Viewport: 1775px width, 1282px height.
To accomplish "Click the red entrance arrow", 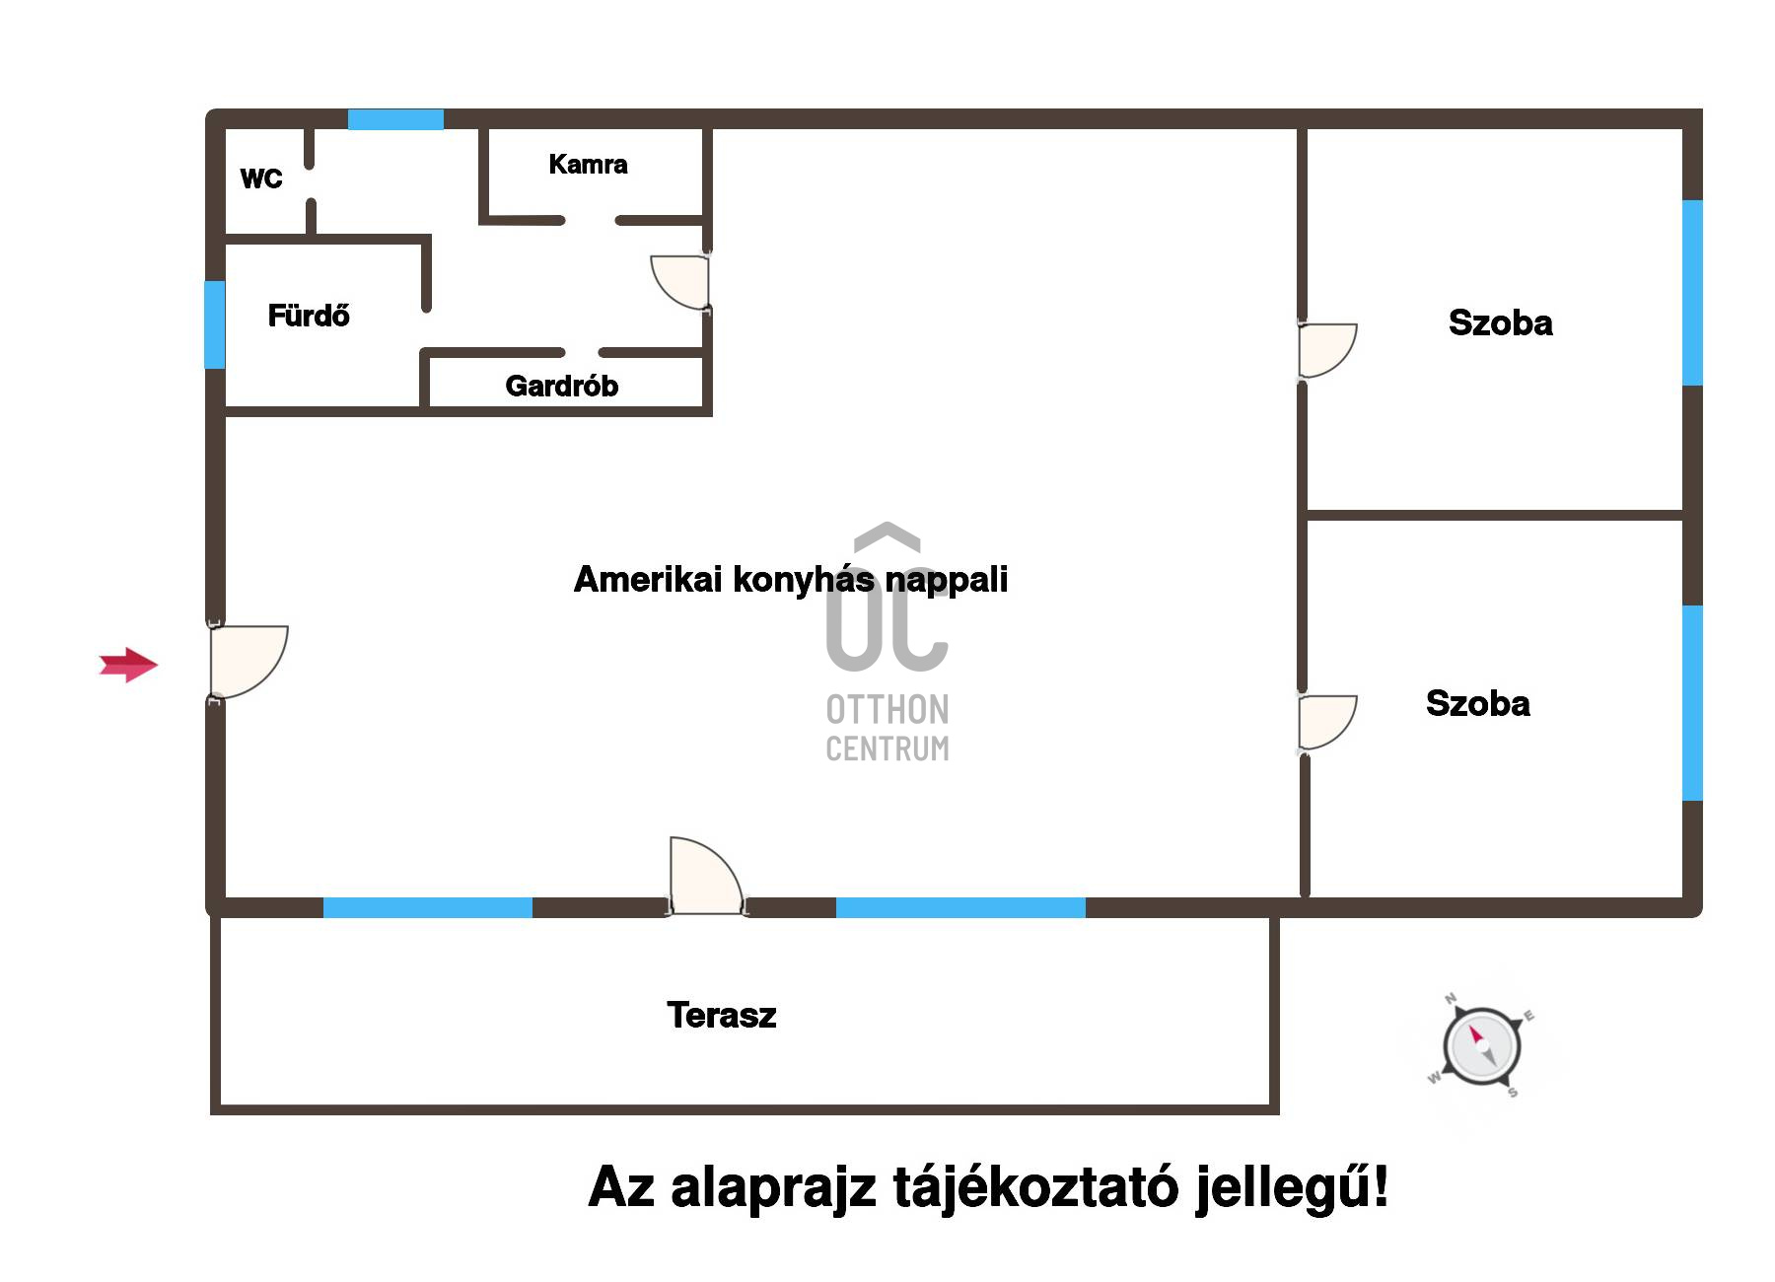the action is tap(129, 666).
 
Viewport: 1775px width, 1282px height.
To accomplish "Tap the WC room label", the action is tap(261, 179).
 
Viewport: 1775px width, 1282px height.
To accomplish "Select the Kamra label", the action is tap(588, 164).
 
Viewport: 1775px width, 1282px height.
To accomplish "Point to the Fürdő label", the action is tap(309, 316).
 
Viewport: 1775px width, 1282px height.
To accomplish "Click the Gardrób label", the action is tap(562, 386).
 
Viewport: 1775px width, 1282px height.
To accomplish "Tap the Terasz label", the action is tap(722, 1015).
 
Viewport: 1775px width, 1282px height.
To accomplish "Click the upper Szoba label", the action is tap(1501, 322).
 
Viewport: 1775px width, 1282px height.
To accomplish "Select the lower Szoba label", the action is tap(1478, 703).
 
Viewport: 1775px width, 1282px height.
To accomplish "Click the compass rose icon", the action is tap(1481, 1045).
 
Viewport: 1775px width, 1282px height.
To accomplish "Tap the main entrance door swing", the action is tap(248, 662).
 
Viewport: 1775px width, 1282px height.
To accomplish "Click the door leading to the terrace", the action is tap(706, 876).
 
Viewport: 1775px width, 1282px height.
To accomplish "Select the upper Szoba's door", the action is tap(1327, 350).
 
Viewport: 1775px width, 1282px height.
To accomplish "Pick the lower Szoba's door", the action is tap(1327, 723).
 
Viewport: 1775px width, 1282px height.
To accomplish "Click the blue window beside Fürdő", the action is tap(215, 325).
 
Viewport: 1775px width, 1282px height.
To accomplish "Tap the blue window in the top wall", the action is tap(395, 119).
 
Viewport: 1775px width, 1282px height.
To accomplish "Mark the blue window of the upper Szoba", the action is tap(1692, 293).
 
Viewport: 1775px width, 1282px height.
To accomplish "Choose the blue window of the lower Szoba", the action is tap(1692, 703).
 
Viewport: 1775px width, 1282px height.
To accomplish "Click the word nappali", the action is tap(947, 580).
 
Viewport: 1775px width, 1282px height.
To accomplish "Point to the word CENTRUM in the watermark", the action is tap(887, 748).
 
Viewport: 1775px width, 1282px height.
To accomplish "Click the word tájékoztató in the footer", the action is tap(1035, 1186).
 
